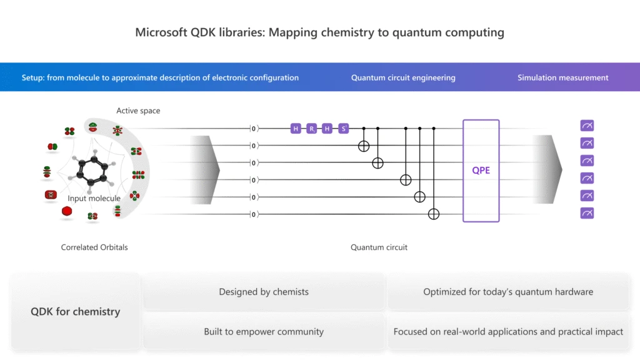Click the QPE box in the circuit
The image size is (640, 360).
tap(481, 170)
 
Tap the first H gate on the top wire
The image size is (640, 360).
tap(296, 129)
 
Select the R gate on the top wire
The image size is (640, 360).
tap(311, 129)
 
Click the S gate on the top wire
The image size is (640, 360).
tap(343, 129)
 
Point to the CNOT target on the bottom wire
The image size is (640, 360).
tap(434, 214)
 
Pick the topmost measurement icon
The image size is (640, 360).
tap(587, 126)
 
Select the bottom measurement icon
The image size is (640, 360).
tap(587, 214)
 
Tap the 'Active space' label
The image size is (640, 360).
tap(138, 111)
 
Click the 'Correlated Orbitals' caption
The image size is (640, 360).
tap(94, 247)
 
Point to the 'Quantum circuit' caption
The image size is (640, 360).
tap(379, 247)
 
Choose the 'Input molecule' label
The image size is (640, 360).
tap(94, 198)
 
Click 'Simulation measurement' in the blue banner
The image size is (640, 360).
tap(562, 77)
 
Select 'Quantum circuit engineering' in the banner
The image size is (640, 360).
tap(402, 77)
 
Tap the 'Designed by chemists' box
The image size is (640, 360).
tap(264, 292)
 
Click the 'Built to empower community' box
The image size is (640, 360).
tap(264, 332)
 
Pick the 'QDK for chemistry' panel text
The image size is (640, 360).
tap(76, 311)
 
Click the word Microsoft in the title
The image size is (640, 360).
tap(159, 32)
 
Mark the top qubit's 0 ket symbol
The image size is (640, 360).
tap(254, 129)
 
